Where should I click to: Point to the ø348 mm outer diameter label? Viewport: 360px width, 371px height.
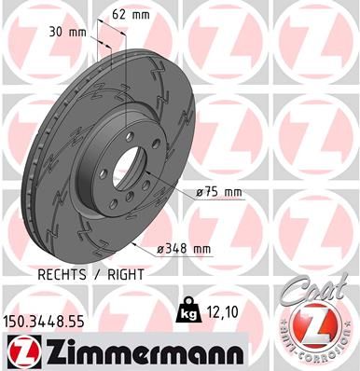(x=184, y=249)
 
